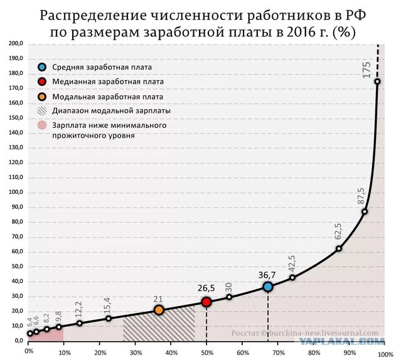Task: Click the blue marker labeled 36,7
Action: (x=268, y=287)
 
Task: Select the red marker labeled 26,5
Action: (x=206, y=302)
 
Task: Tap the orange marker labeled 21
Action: (x=159, y=310)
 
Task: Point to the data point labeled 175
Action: (x=377, y=82)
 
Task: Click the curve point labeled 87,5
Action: (x=365, y=211)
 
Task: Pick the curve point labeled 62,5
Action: (x=339, y=248)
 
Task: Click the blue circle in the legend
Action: (x=41, y=67)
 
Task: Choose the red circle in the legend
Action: (x=41, y=82)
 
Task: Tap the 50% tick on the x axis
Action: (x=206, y=352)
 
